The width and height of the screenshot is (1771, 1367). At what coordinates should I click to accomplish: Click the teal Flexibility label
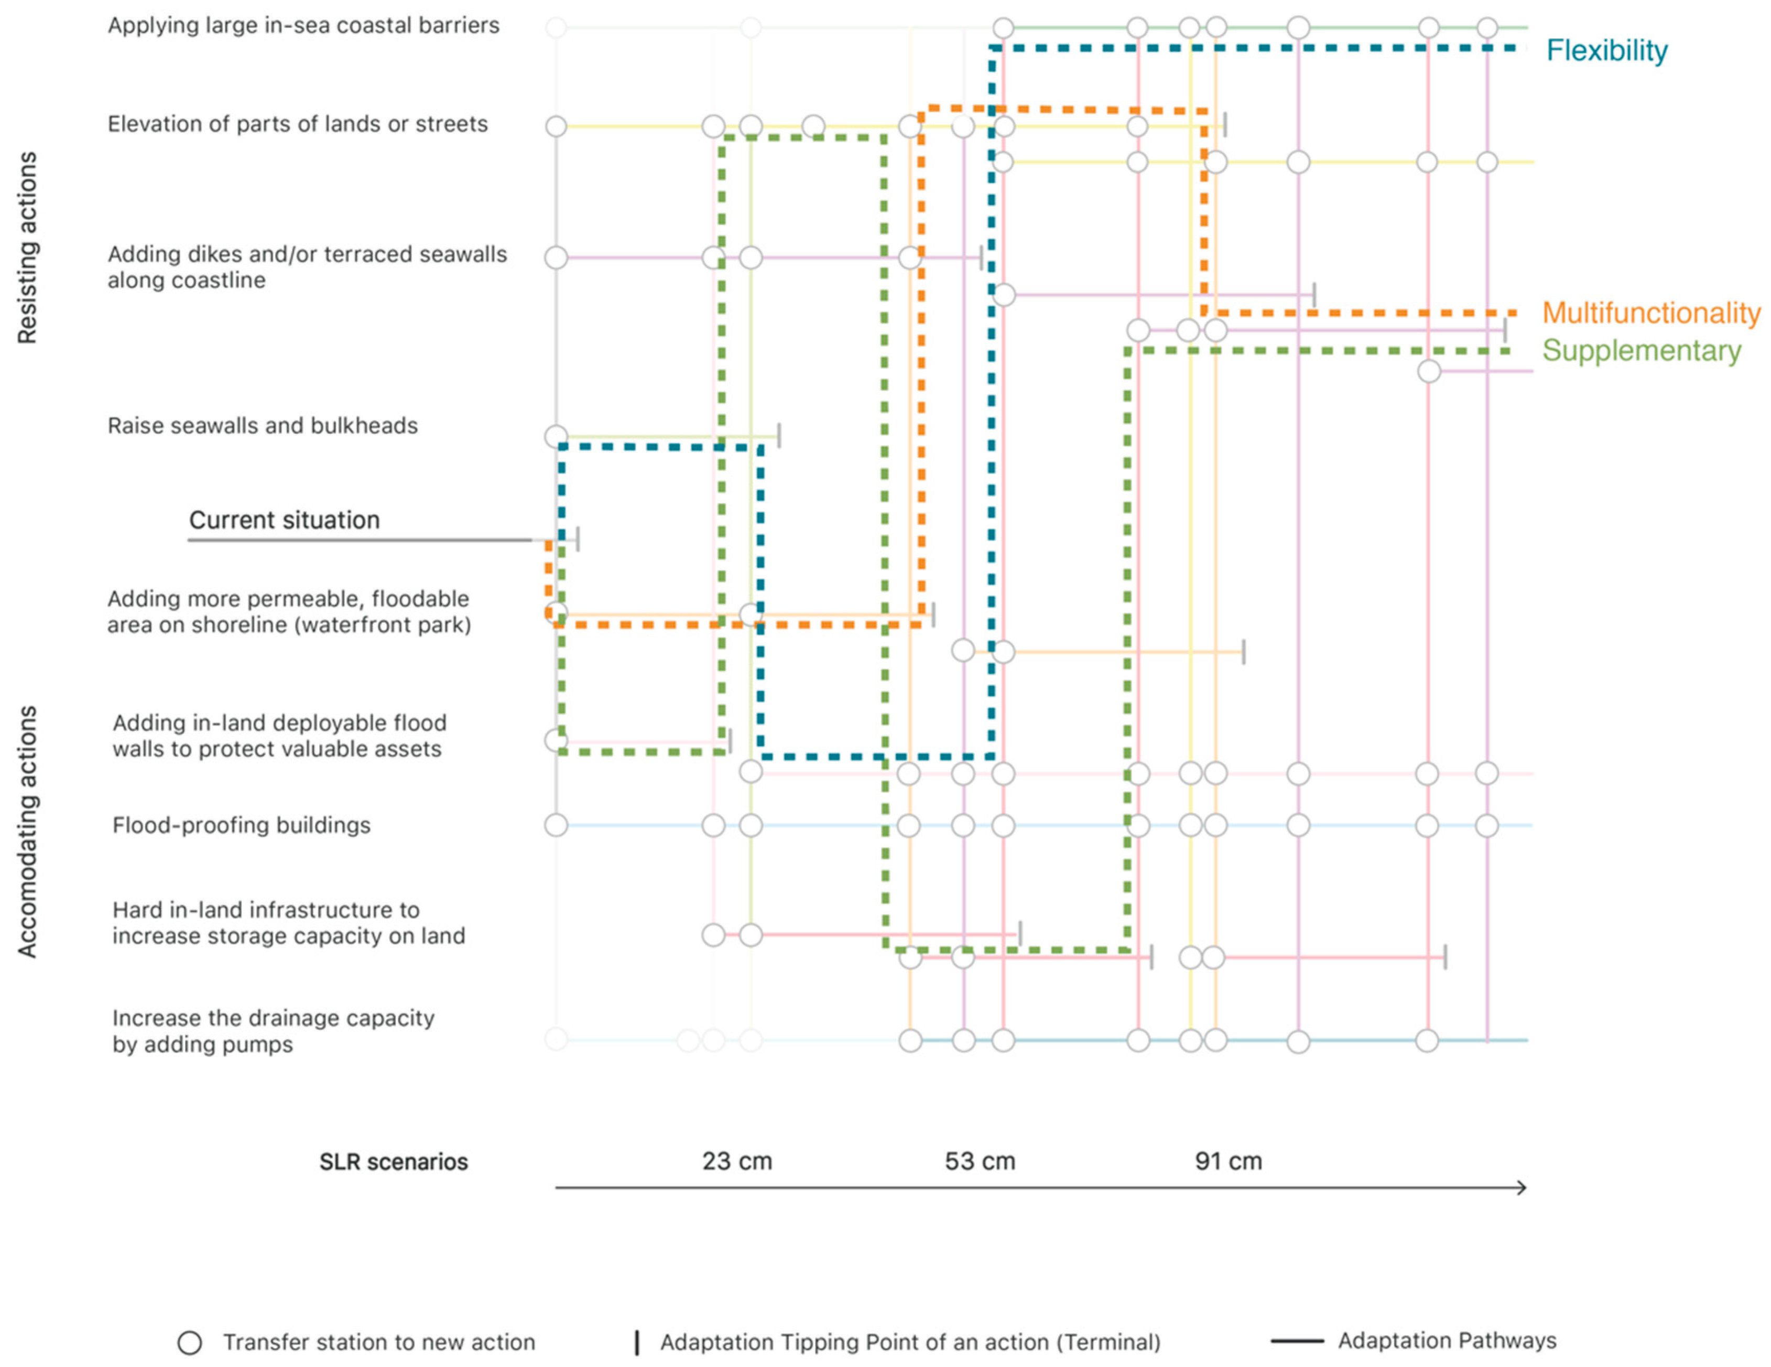(1606, 50)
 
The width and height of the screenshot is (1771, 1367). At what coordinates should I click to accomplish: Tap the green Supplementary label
(1640, 350)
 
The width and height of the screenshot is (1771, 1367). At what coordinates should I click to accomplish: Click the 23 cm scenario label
(736, 1161)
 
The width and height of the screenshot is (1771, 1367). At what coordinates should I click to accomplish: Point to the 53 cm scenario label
(980, 1161)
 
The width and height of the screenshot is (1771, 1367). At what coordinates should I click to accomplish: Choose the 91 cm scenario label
(1227, 1161)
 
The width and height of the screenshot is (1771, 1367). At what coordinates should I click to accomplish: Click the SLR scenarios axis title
(393, 1162)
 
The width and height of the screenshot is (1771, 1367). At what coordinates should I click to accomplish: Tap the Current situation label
(284, 520)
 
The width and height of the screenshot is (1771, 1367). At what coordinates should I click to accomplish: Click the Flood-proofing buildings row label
(241, 825)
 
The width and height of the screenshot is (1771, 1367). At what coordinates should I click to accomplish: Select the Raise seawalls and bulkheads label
(263, 426)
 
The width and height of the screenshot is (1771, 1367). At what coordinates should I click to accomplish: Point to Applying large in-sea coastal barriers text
(303, 25)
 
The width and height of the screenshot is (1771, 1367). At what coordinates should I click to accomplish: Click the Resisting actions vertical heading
(27, 247)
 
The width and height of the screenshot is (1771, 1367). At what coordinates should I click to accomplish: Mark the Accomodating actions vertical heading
(27, 832)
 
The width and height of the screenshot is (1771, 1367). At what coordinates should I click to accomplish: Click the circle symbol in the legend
(190, 1343)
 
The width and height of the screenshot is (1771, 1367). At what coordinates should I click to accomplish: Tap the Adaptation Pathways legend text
(1447, 1340)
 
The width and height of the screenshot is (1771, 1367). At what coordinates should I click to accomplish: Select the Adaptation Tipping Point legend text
(910, 1343)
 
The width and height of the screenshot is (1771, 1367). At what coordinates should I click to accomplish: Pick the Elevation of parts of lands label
(298, 124)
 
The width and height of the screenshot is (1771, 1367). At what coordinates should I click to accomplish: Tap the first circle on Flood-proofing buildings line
(556, 825)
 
